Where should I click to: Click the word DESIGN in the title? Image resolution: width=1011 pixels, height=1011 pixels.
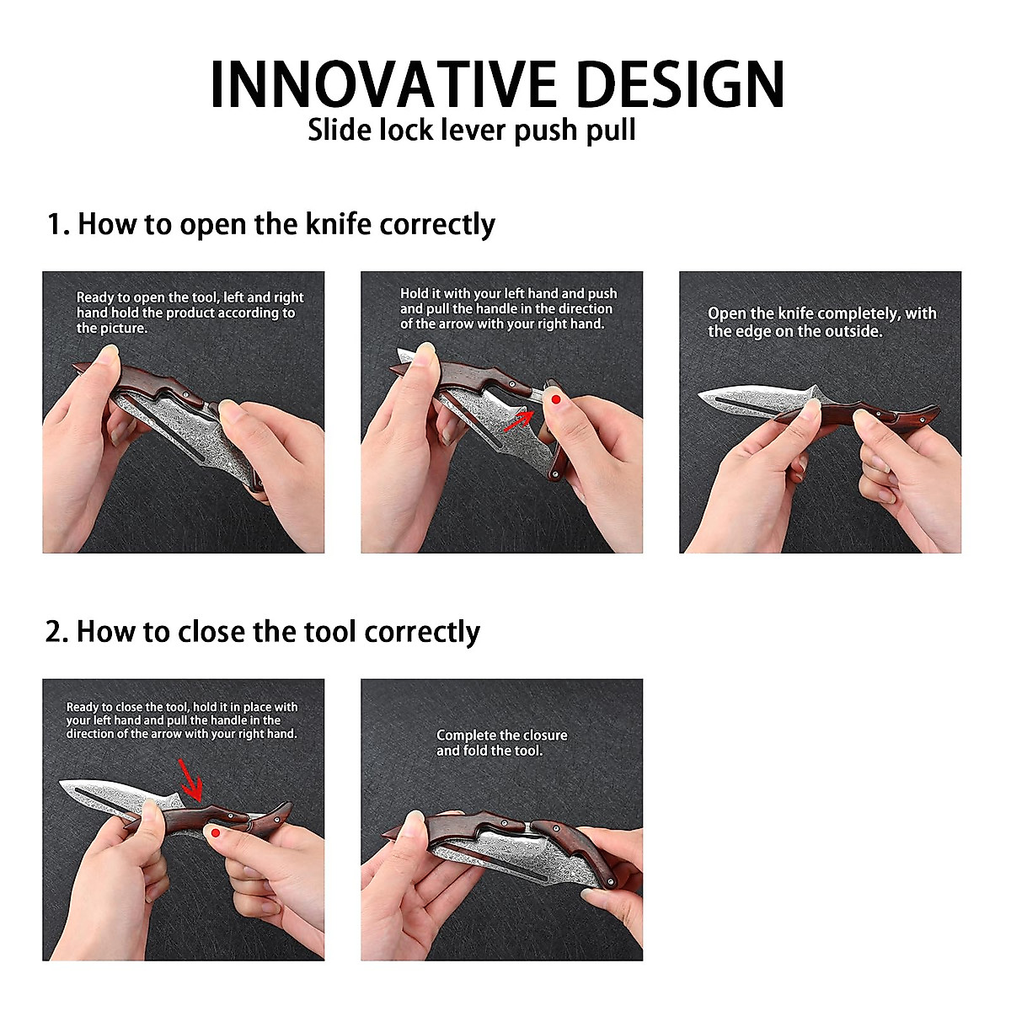click(680, 84)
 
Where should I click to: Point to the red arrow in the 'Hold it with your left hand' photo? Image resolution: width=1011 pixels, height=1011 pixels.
click(518, 421)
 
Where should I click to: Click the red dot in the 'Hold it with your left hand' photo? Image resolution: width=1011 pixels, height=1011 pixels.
click(556, 400)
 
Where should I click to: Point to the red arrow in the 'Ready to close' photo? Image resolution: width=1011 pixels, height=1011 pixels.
click(191, 780)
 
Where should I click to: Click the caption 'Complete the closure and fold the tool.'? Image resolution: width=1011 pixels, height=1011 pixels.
click(501, 743)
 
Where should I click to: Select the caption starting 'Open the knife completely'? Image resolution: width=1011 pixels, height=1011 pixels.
click(822, 322)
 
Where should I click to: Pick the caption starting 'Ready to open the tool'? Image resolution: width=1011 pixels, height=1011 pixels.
click(190, 313)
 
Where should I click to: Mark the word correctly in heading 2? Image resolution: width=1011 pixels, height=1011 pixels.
click(422, 632)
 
